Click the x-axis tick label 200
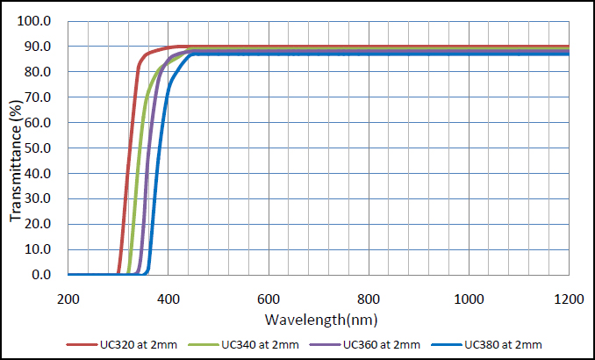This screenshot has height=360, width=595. (x=68, y=299)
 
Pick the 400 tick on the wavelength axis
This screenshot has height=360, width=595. (x=168, y=299)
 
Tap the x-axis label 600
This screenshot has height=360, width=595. (x=269, y=299)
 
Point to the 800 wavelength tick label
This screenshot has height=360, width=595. (x=369, y=299)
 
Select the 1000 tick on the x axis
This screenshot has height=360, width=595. (x=469, y=299)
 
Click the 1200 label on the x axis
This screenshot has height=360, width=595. (x=569, y=299)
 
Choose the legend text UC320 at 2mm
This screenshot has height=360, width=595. (x=140, y=343)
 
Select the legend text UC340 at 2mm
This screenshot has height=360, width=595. (x=262, y=343)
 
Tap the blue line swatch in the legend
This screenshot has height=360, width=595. (x=446, y=343)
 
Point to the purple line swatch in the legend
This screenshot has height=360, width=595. (x=325, y=343)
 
